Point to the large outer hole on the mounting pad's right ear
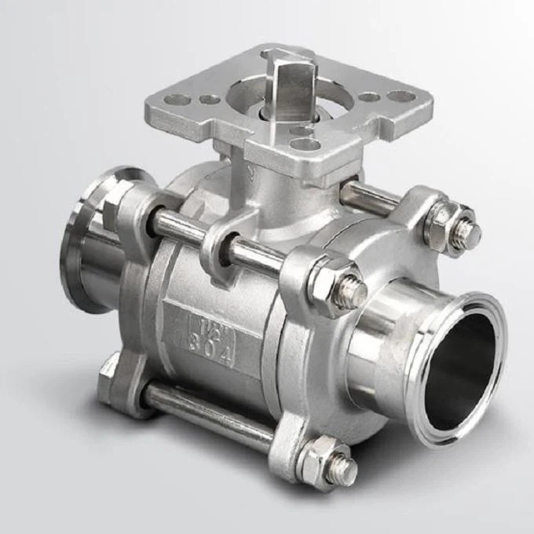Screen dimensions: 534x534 click(x=400, y=97)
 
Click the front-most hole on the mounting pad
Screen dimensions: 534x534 click(x=305, y=144)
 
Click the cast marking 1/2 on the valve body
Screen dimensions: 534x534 click(x=203, y=321)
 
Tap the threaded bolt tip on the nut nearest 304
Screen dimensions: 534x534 click(x=351, y=294)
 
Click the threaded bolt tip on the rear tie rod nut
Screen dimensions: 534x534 click(x=469, y=235)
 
